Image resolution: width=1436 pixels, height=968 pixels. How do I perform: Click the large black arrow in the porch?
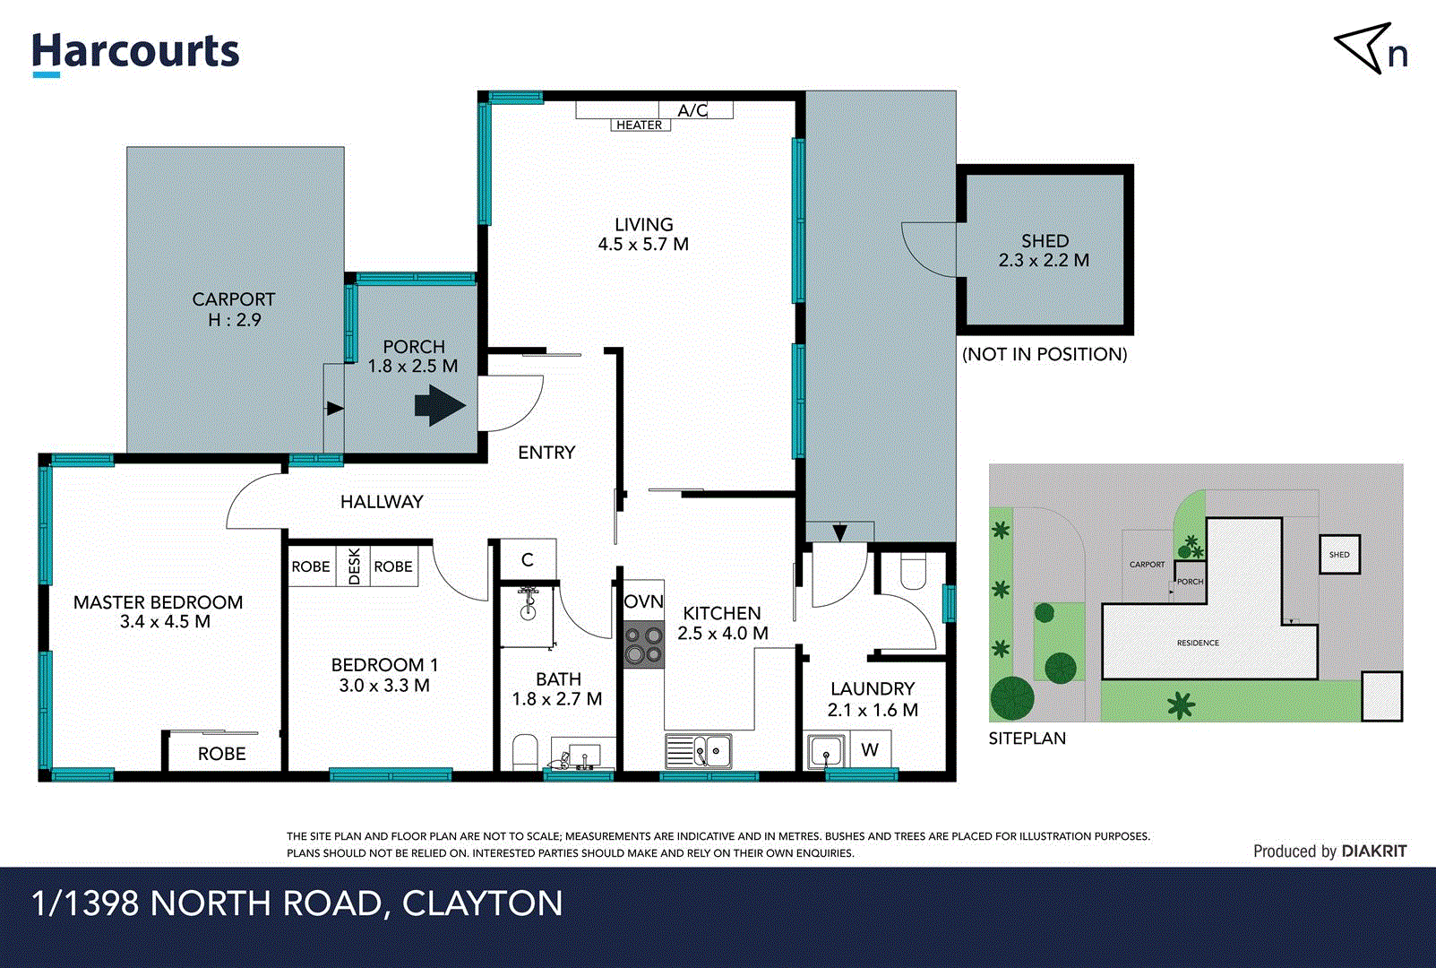pos(439,405)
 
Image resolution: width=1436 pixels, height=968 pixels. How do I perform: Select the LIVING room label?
pos(643,225)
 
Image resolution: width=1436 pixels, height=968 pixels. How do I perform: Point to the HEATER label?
pos(639,125)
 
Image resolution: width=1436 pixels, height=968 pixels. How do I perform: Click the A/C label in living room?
pos(692,110)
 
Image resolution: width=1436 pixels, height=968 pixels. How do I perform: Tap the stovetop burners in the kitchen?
pos(644,644)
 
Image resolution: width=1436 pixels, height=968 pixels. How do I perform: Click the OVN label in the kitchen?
pos(643,601)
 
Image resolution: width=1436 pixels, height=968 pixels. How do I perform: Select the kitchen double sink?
pos(699,751)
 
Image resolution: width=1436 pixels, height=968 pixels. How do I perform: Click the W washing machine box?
pos(870,750)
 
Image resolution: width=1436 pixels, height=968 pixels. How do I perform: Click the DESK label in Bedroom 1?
pos(354,566)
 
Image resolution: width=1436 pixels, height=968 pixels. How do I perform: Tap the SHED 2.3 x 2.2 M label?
pos(1044,251)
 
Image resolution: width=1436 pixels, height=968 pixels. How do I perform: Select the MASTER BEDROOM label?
pos(159,602)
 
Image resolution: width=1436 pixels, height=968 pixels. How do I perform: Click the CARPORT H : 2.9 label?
pos(234,309)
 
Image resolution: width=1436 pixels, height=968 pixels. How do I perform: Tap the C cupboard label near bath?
pos(528,559)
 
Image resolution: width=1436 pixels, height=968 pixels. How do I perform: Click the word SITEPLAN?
pos(1027,739)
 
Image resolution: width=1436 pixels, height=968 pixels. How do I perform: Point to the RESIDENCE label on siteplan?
pos(1198,643)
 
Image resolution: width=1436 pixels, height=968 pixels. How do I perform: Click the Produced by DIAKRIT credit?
pos(1329,851)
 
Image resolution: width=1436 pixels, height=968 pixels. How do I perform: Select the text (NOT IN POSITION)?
pos(1045,354)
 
